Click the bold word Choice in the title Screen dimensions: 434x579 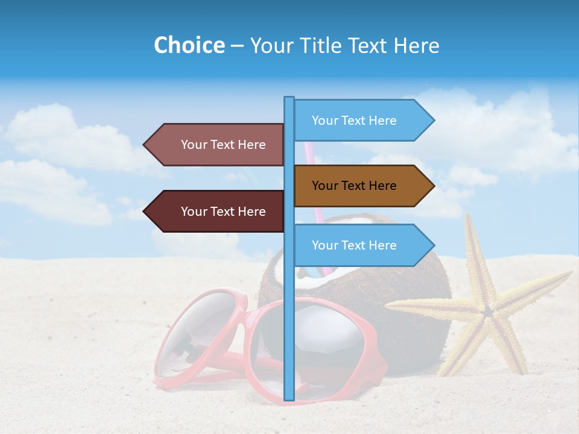189,45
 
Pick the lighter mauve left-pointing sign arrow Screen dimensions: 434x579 217,145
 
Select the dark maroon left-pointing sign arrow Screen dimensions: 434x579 217,212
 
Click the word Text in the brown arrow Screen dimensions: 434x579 354,186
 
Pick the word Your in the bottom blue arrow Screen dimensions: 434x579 324,245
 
